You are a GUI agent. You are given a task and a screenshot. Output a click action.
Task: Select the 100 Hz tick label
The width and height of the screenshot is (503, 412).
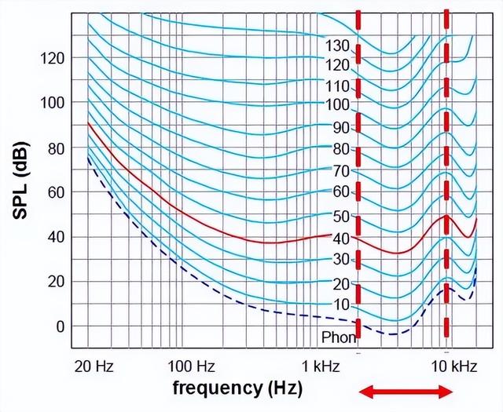[193, 366]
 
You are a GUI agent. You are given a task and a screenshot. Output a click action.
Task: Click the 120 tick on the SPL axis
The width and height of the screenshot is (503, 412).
[54, 58]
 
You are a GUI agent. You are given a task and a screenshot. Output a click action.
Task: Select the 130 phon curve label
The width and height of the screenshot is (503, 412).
[337, 46]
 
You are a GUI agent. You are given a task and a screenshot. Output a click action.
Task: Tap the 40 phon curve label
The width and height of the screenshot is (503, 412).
[340, 237]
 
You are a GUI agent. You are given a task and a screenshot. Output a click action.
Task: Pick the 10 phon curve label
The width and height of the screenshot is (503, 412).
[340, 303]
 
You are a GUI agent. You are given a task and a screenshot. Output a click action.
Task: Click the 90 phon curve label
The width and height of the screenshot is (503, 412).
[340, 127]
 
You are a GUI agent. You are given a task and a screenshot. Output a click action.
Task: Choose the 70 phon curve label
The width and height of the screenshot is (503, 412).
[340, 170]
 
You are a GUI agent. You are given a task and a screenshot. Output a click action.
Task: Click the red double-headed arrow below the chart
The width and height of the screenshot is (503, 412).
[406, 392]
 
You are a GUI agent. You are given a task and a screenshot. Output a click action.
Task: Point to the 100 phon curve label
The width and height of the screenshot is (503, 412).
[337, 104]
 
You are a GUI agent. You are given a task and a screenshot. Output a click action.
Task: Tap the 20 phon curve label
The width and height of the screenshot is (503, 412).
[340, 283]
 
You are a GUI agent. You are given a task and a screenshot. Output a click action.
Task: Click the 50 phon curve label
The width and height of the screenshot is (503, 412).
[340, 215]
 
